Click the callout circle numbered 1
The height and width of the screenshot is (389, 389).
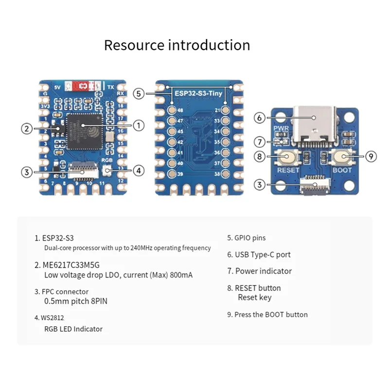(x=139, y=125)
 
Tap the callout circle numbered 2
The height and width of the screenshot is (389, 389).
(x=27, y=129)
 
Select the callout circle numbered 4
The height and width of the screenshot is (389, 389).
(x=139, y=171)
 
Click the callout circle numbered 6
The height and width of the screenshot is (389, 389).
(x=260, y=117)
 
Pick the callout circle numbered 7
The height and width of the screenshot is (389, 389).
(x=260, y=142)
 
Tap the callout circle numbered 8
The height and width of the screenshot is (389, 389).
(x=260, y=157)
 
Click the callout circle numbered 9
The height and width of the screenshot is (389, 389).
(x=371, y=157)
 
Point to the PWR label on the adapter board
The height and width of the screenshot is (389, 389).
(x=282, y=129)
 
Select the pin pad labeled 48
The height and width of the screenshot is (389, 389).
(x=172, y=110)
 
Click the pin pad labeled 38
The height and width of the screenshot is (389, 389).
(x=226, y=174)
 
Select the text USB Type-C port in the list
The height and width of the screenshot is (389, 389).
(x=263, y=254)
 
